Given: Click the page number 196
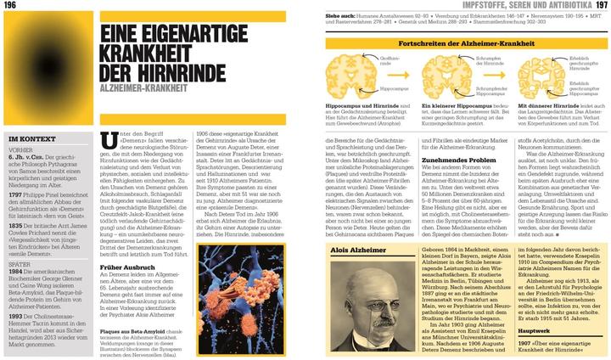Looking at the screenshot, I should (x=13, y=6).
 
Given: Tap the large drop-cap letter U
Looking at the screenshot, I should (x=106, y=143).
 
